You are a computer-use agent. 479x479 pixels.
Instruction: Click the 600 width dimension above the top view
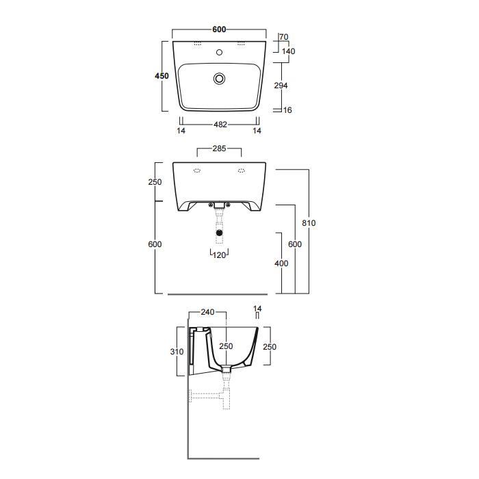[219, 29]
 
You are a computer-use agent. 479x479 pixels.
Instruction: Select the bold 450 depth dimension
[161, 76]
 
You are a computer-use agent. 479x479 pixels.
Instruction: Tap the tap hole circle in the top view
[219, 52]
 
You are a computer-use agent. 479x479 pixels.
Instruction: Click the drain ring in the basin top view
[219, 79]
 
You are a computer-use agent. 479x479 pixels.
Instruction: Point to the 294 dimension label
[281, 86]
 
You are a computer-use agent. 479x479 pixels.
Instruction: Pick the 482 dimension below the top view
[220, 125]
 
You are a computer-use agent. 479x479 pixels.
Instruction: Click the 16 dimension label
[287, 110]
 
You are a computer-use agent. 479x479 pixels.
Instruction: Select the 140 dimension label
[288, 51]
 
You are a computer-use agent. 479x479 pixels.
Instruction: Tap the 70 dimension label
[284, 37]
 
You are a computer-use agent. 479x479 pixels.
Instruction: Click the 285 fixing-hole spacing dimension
[220, 148]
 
